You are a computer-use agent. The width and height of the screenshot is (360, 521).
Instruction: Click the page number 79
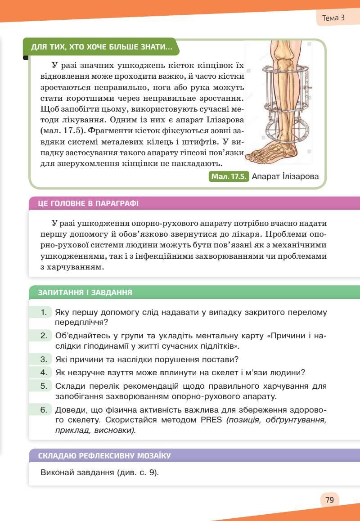click(329, 499)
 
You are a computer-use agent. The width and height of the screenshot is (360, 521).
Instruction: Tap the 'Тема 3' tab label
click(333, 18)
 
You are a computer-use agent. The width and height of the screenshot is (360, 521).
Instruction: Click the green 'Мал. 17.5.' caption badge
click(229, 176)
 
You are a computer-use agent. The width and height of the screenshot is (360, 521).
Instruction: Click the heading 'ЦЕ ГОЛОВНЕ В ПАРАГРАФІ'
click(89, 203)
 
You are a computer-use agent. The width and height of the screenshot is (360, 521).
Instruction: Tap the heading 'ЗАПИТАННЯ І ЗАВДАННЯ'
click(85, 292)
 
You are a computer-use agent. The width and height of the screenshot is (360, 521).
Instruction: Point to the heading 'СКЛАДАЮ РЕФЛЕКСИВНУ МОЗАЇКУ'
click(104, 456)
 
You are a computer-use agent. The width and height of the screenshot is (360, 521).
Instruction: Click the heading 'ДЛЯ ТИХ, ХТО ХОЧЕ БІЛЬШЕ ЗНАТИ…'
click(101, 47)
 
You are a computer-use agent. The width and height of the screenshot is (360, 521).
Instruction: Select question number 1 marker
click(44, 312)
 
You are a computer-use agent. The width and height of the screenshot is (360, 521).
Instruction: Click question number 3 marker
click(44, 359)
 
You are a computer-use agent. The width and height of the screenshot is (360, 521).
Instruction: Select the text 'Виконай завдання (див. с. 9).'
click(100, 473)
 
